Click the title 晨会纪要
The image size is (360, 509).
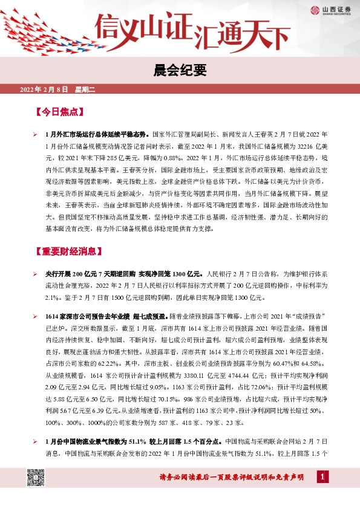pos(180,71)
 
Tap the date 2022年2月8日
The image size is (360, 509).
pos(45,90)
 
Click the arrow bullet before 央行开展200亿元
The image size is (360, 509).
pos(36,274)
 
